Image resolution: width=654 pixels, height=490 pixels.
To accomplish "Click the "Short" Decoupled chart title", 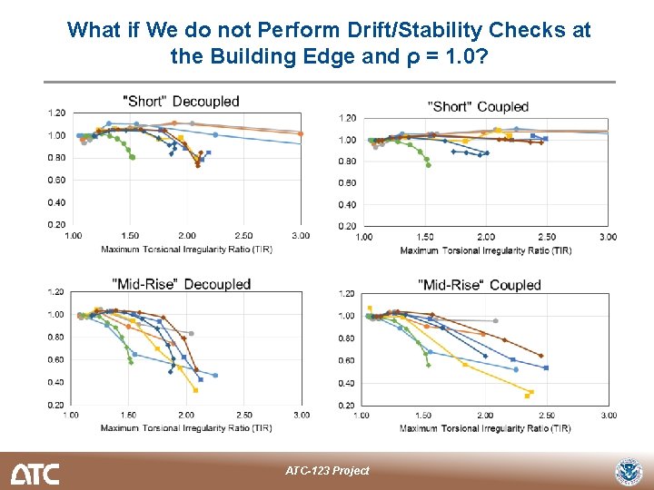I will pyautogui.click(x=181, y=102).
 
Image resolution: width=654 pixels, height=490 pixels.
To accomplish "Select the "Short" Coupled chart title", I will pyautogui.click(x=478, y=107).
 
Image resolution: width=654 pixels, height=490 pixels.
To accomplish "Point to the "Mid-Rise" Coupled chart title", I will pyautogui.click(x=480, y=285).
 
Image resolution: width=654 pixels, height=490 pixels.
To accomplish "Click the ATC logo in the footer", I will pyautogui.click(x=35, y=473).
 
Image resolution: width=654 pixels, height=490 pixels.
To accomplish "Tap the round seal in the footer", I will pyautogui.click(x=628, y=472).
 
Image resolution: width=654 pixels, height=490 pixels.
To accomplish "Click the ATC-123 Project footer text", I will pyautogui.click(x=327, y=470).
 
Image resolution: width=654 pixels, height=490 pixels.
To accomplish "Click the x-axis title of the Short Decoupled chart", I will pyautogui.click(x=186, y=248).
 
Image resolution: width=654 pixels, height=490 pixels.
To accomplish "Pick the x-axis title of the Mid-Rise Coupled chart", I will pyautogui.click(x=485, y=428).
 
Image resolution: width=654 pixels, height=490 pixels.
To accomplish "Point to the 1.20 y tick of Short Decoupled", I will pyautogui.click(x=56, y=113).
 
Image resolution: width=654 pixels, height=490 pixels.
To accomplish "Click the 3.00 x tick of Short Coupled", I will pyautogui.click(x=608, y=238).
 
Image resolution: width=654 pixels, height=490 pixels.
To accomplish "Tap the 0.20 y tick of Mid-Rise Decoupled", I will pyautogui.click(x=56, y=405).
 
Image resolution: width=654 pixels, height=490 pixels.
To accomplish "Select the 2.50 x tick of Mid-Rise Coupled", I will pyautogui.click(x=547, y=416).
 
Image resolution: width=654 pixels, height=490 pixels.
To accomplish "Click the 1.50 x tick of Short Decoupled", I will pyautogui.click(x=129, y=235).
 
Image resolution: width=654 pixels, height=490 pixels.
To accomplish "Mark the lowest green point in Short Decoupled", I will pyautogui.click(x=133, y=158).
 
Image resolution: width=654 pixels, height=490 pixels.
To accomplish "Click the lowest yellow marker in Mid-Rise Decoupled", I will pyautogui.click(x=196, y=390).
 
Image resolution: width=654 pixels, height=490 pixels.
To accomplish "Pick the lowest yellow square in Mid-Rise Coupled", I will pyautogui.click(x=527, y=397).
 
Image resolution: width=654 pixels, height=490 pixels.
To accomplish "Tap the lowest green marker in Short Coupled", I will pyautogui.click(x=429, y=166).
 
